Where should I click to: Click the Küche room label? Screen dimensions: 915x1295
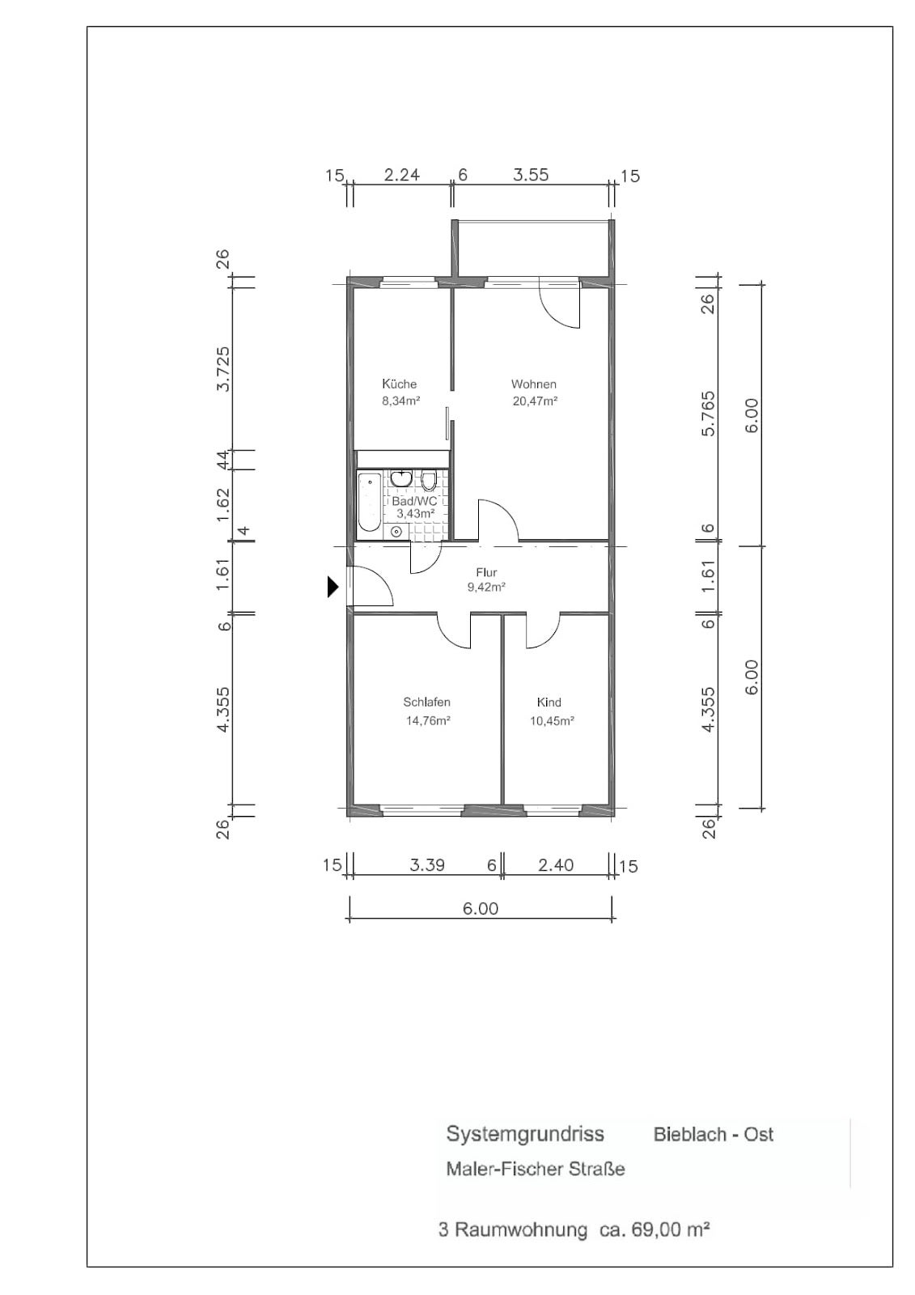click(399, 384)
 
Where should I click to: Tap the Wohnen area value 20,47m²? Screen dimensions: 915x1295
click(535, 401)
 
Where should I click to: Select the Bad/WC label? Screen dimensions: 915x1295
click(414, 501)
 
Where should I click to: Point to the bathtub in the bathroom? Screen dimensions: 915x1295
click(369, 501)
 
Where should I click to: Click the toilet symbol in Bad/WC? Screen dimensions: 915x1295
click(428, 480)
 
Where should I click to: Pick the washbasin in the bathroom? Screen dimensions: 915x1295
click(400, 478)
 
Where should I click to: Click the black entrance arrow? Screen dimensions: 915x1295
click(333, 587)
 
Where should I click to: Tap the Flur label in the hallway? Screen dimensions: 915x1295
click(486, 572)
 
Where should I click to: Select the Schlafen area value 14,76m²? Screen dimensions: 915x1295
click(428, 720)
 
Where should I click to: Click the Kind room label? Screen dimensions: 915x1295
click(549, 703)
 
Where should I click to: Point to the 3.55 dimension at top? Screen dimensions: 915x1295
click(531, 175)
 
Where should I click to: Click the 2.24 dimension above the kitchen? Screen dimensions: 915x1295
click(402, 175)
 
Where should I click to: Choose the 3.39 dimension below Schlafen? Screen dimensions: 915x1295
click(427, 865)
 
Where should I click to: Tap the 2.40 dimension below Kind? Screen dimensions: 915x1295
click(556, 865)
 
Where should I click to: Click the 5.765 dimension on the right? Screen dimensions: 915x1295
click(708, 414)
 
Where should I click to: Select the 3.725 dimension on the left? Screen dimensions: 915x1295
click(222, 369)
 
